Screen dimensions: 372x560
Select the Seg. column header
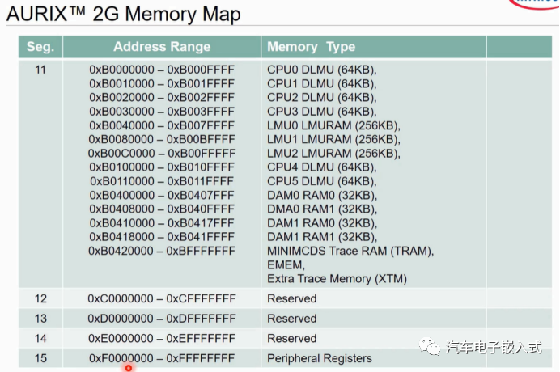click(40, 47)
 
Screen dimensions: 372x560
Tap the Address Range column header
click(162, 47)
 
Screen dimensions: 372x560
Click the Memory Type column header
click(311, 47)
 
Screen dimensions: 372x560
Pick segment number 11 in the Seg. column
click(40, 70)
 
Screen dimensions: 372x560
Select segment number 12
click(40, 298)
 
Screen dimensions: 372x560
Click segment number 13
click(40, 319)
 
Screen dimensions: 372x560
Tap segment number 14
click(40, 338)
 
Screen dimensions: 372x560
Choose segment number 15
click(40, 357)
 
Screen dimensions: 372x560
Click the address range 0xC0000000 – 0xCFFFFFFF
click(162, 298)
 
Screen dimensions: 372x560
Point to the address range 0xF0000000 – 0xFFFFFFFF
click(162, 357)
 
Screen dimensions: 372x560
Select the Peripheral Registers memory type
click(320, 357)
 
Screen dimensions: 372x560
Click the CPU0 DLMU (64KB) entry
click(321, 70)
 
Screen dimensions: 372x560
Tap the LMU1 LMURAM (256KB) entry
click(333, 139)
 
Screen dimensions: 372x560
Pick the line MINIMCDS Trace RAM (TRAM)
click(350, 251)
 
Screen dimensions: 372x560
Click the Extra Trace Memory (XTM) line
click(337, 279)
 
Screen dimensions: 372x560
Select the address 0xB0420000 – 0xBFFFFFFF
click(162, 251)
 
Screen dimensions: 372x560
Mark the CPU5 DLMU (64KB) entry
click(321, 181)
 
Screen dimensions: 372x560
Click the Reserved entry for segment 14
click(291, 338)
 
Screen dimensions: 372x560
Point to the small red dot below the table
click(128, 368)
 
